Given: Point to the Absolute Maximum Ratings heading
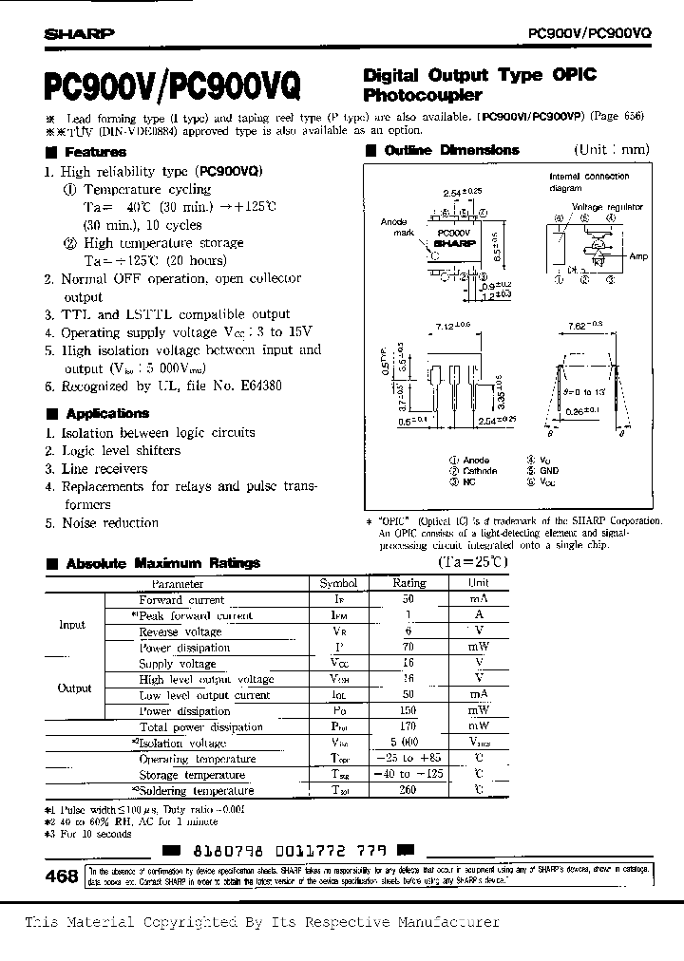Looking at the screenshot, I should (162, 563).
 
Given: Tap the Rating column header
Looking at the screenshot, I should (409, 584).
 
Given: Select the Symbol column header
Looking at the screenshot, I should (338, 584).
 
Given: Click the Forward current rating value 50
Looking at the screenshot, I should (409, 600).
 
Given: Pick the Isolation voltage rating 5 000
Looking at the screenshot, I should (409, 744).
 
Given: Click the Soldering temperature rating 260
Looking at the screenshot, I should (409, 790).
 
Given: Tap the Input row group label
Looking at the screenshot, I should (72, 625).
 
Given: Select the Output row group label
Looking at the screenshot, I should (75, 688).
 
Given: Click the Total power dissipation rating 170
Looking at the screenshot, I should (409, 727).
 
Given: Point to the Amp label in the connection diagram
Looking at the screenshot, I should (638, 256).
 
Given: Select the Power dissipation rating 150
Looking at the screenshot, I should (409, 711).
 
